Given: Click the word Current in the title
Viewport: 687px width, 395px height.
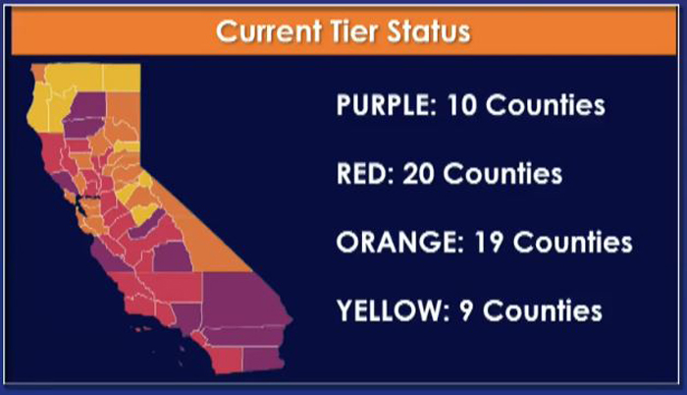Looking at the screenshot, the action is (269, 31).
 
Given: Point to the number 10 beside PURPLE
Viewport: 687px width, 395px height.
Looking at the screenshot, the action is (461, 105).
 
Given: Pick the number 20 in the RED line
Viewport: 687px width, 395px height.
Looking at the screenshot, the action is (418, 174).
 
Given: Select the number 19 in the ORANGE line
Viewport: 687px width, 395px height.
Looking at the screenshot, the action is (488, 243).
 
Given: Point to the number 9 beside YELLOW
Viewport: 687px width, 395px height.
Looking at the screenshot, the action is (466, 310).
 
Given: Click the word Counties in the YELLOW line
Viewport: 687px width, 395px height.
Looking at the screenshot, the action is (543, 310).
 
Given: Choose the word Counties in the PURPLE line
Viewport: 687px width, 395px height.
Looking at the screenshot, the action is (546, 105).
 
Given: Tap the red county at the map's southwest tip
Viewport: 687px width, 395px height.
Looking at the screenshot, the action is (226, 359).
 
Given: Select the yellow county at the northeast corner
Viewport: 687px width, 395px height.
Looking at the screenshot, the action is (122, 78).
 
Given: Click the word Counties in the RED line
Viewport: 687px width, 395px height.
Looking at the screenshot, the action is (502, 174).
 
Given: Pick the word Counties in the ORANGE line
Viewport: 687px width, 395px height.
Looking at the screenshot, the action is (572, 243).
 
